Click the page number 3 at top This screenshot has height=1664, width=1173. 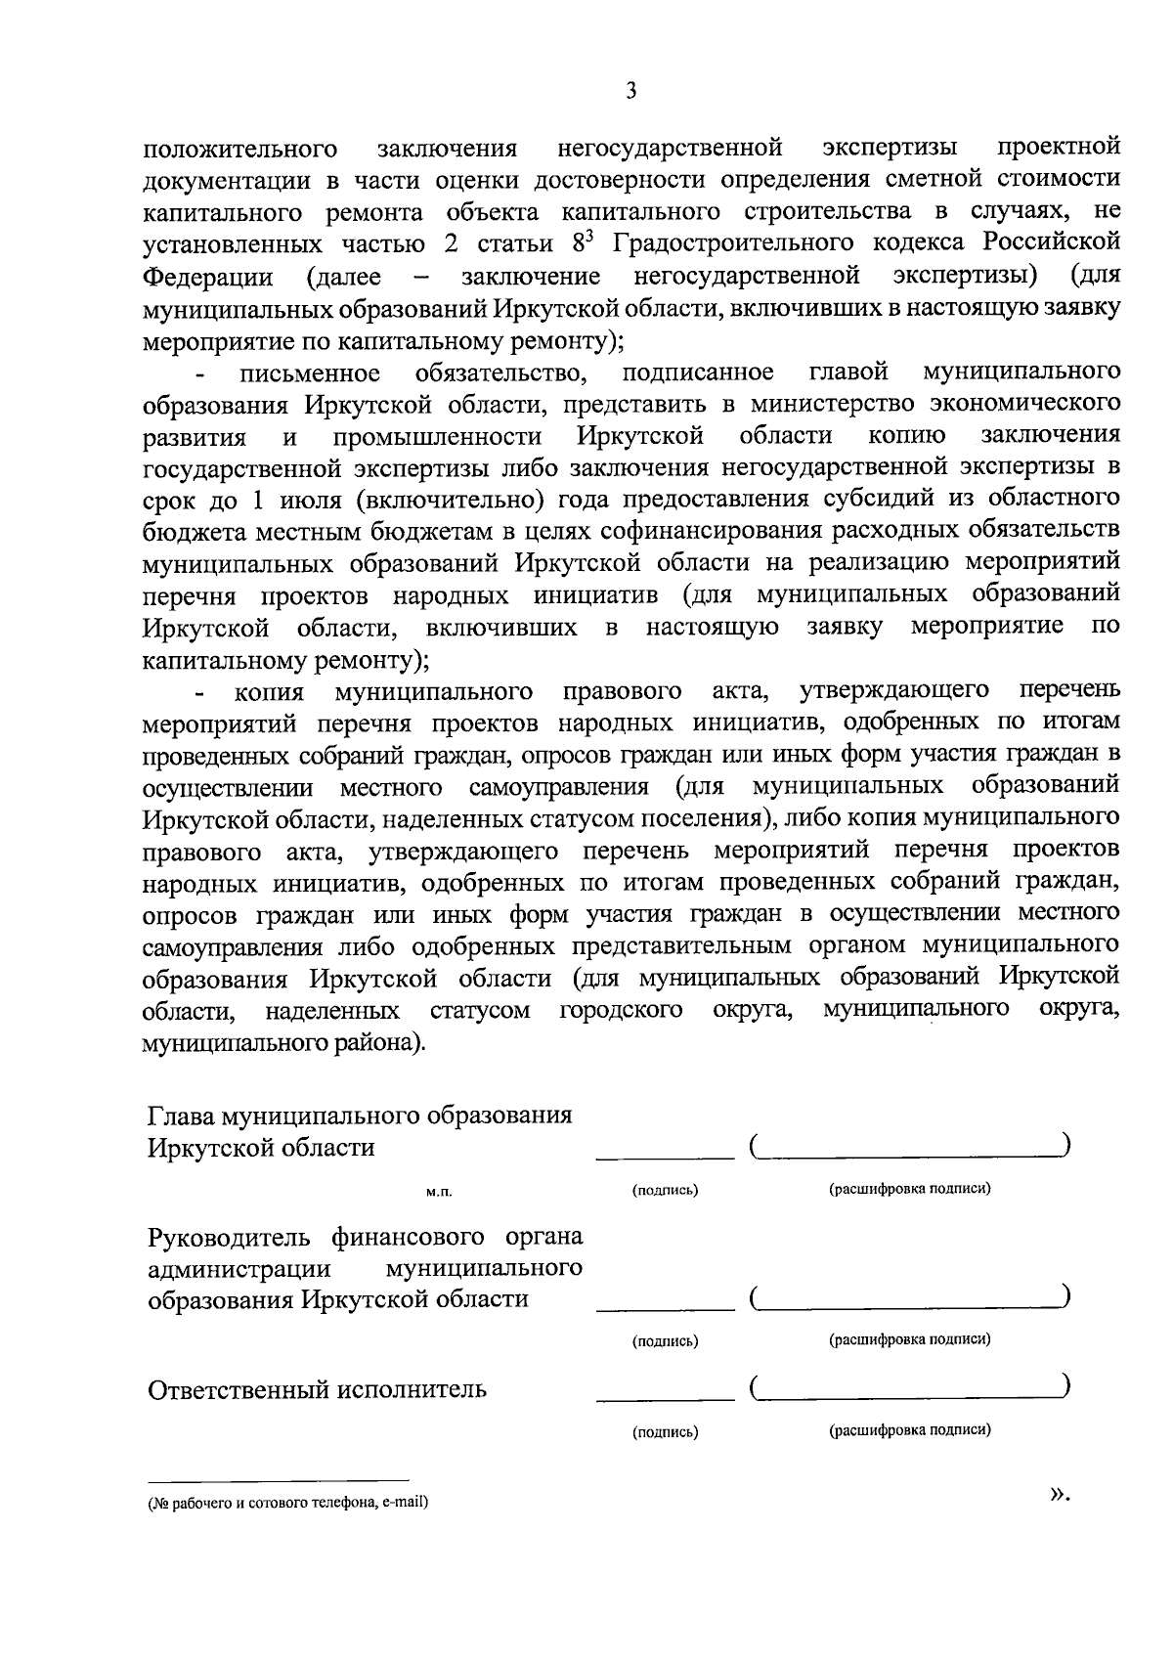tap(631, 92)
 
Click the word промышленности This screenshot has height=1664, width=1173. tap(438, 436)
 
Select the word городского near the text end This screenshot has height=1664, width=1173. tap(622, 1011)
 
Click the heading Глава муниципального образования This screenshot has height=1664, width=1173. tap(360, 1116)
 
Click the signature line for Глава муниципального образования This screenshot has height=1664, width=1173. tap(665, 1158)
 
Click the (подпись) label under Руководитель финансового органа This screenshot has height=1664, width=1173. tap(665, 1341)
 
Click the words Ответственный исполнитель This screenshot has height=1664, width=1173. tap(317, 1389)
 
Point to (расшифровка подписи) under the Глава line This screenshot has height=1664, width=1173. tap(910, 1190)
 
